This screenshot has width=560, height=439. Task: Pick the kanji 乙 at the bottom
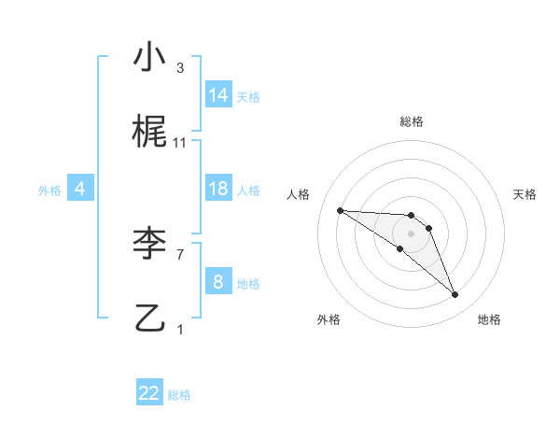[149, 317]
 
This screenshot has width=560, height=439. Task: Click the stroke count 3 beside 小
[179, 68]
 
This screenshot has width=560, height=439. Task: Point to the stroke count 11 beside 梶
[180, 142]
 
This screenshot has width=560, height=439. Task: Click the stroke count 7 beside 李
[179, 253]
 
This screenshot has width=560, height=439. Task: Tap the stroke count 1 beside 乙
[179, 329]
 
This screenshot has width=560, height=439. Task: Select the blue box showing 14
[218, 95]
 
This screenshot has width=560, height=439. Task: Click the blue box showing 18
[218, 189]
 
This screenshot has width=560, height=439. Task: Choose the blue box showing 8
[218, 282]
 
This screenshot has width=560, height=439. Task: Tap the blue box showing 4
[80, 189]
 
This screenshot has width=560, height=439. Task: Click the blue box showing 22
[149, 393]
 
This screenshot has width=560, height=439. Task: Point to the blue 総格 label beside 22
[179, 395]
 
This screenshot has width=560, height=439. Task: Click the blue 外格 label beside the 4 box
[49, 191]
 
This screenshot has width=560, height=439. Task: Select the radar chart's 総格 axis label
[411, 121]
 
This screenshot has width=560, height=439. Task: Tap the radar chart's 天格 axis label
[525, 194]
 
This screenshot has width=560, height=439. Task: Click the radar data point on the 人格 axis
[340, 210]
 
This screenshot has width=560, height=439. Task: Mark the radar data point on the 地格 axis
[455, 295]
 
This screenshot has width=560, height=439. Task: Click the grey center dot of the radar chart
[411, 233]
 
